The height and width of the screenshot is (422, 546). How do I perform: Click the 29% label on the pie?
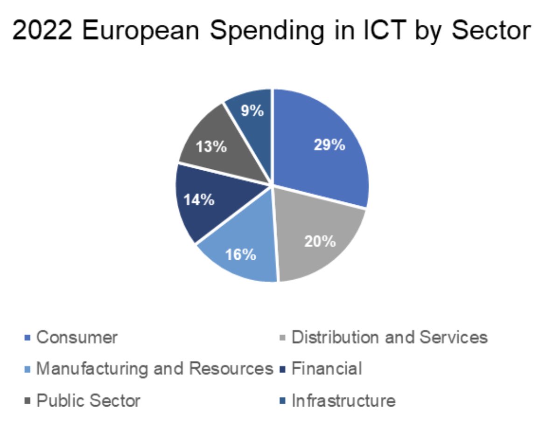[329, 145]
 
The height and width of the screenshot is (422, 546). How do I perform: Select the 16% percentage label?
[240, 255]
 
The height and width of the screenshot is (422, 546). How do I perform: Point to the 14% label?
[199, 200]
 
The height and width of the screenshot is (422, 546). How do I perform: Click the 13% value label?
[211, 147]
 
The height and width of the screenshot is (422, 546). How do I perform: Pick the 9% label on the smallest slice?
[252, 111]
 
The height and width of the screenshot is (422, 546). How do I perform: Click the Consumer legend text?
[77, 337]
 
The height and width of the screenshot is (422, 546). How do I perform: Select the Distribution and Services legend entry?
[389, 337]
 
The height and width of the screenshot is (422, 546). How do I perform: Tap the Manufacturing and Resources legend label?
[154, 369]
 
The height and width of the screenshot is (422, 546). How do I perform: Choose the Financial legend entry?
[327, 369]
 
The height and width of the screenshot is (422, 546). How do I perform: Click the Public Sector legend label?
[88, 401]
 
